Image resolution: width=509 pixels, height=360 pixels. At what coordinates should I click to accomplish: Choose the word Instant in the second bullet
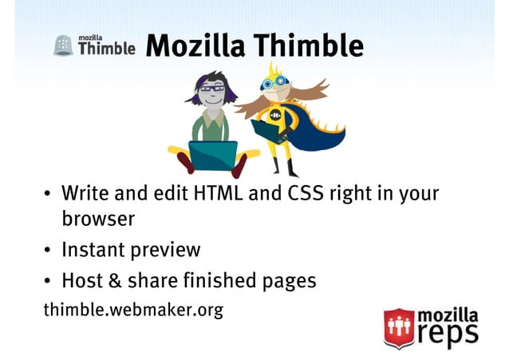click(93, 250)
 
